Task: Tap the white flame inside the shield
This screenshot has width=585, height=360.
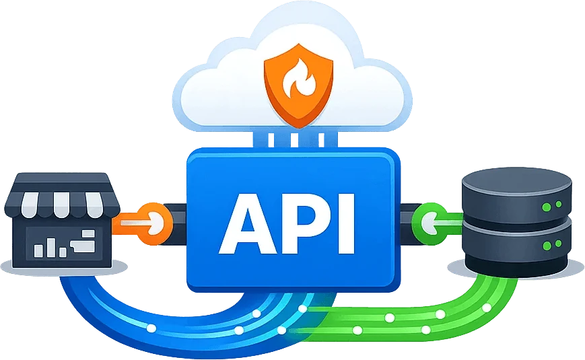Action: pyautogui.click(x=299, y=80)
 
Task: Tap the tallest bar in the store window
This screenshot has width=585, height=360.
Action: pyautogui.click(x=51, y=248)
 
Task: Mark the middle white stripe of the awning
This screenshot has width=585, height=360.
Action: pyautogui.click(x=61, y=205)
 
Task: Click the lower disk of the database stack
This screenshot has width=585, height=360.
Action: pyautogui.click(x=517, y=247)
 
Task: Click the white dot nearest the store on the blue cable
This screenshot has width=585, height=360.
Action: pyautogui.click(x=151, y=328)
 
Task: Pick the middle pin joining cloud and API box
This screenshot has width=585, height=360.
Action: pyautogui.click(x=295, y=139)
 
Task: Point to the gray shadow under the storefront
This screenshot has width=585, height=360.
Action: pyautogui.click(x=63, y=268)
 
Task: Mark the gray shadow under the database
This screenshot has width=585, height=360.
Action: pyautogui.click(x=516, y=269)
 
